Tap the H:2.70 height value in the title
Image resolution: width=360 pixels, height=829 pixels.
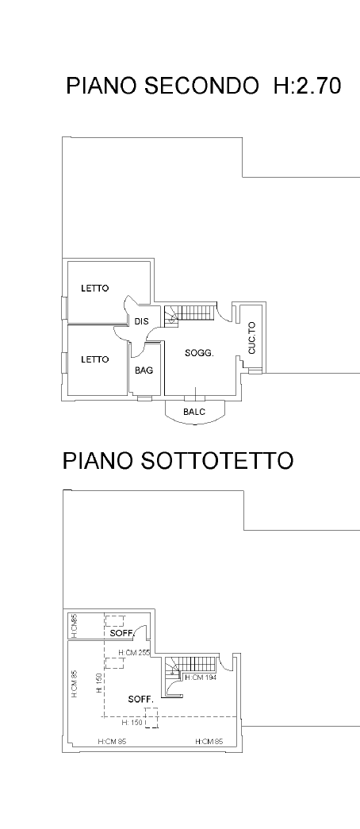click(x=307, y=86)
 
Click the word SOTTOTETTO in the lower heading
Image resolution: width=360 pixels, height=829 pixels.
click(x=216, y=460)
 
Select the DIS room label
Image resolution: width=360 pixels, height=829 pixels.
click(x=141, y=321)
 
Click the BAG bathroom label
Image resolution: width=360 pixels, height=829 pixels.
click(x=144, y=370)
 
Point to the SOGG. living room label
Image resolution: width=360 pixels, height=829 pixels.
click(x=199, y=353)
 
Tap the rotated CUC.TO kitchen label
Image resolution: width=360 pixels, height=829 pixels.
click(x=251, y=338)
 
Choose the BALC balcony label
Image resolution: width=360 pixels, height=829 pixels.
click(x=194, y=412)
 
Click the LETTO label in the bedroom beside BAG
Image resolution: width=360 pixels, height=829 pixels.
click(x=94, y=359)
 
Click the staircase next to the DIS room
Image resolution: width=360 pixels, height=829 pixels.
click(x=190, y=315)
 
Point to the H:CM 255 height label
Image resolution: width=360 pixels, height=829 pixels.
click(x=135, y=653)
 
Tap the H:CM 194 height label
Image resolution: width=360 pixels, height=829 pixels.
click(x=201, y=677)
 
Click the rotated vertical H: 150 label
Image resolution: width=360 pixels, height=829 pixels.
click(x=99, y=683)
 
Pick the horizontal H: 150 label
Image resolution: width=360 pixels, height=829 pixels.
click(x=132, y=723)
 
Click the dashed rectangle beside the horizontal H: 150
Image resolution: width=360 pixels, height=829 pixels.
click(x=151, y=719)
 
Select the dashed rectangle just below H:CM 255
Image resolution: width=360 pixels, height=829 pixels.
click(x=115, y=663)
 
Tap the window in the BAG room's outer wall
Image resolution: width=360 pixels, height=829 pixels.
click(x=144, y=397)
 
